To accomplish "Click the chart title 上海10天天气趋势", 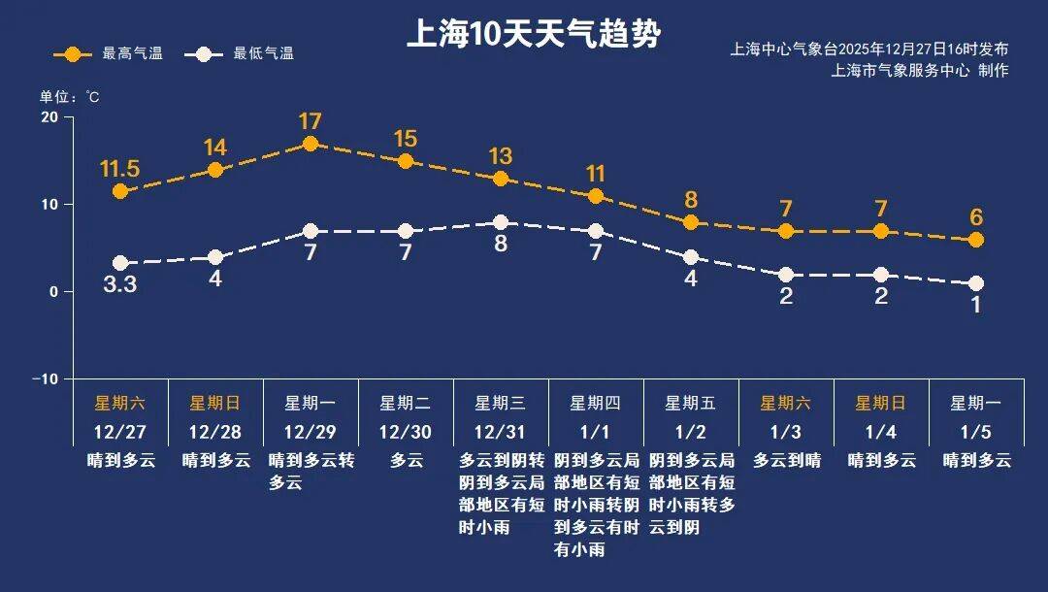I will tap(533, 34).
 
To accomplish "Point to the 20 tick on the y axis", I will tap(48, 117).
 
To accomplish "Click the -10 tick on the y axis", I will tap(45, 378).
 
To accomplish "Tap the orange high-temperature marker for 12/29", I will tap(311, 144).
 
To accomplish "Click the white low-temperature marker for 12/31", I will tap(501, 222).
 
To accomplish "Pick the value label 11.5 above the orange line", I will tap(120, 168).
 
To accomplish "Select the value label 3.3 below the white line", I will tap(120, 286).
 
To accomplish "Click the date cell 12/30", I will tap(406, 431).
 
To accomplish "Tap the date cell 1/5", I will tap(976, 431).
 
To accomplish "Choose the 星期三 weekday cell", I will tap(501, 403).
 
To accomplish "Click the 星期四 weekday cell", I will tap(595, 403).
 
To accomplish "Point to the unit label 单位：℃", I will tap(69, 97).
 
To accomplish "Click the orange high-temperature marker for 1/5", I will tap(976, 240).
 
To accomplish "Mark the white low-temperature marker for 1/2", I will tap(691, 257).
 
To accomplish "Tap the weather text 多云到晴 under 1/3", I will tap(787, 461).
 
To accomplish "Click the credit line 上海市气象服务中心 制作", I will tap(919, 71).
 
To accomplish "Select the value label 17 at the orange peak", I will tap(311, 121).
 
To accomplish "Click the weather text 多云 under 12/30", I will tap(407, 461).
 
